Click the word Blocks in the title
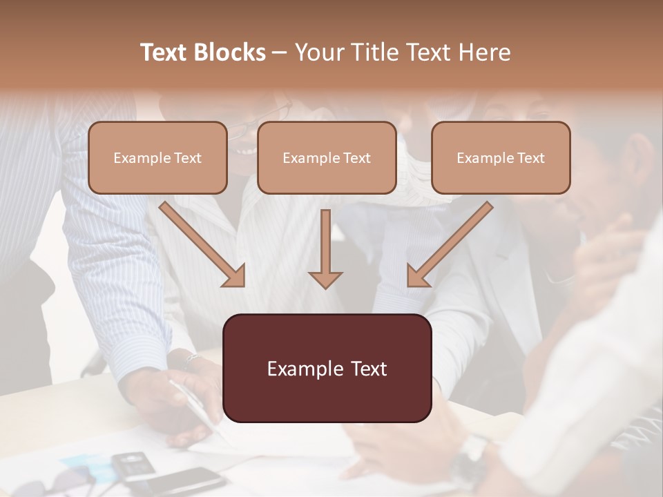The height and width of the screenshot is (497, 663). coord(230,52)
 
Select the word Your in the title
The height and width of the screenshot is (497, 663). coord(316,52)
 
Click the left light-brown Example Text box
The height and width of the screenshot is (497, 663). coord(157,157)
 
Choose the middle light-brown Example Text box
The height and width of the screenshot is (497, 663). coord(327,157)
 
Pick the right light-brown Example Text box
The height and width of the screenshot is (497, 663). coord(501,157)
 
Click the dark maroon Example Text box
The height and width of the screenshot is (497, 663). coord(327,368)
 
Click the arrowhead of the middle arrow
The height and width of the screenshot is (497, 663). coord(325,279)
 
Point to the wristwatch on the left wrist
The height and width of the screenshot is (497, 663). coord(190,360)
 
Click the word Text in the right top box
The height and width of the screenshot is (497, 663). coord(530,157)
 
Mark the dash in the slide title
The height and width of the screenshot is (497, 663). coord(280,52)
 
